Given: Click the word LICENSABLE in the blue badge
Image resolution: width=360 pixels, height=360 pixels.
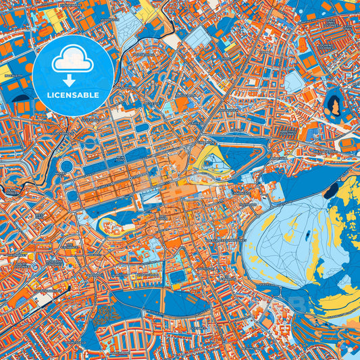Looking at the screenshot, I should pyautogui.click(x=73, y=95).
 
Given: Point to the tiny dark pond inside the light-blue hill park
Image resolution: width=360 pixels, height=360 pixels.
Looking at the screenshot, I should pyautogui.click(x=307, y=236).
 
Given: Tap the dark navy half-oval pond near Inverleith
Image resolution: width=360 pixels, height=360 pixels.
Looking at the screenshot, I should pyautogui.click(x=21, y=106).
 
